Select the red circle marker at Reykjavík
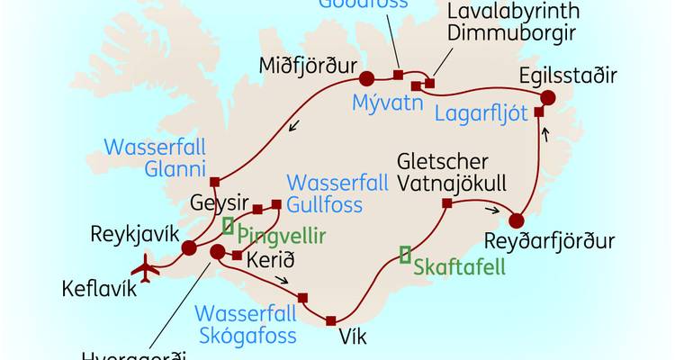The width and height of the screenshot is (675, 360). [189, 248]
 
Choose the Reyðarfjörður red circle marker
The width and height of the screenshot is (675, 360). [517, 220]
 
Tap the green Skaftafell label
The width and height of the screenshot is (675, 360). [459, 267]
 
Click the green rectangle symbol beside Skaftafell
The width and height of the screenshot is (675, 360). [406, 255]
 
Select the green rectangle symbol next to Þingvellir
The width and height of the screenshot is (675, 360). [229, 225]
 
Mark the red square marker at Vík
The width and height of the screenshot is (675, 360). [331, 320]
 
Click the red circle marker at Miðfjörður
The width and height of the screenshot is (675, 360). [365, 77]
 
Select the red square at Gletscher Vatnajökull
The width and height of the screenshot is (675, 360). [446, 203]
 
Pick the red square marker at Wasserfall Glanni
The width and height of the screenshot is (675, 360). [214, 180]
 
